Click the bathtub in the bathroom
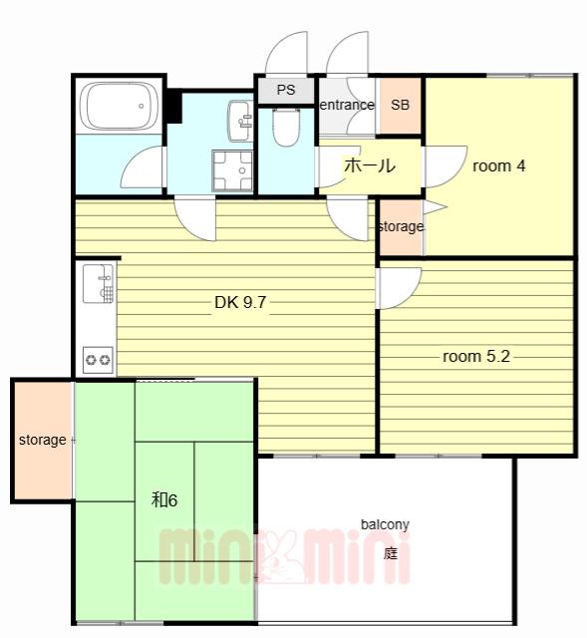coord(119,107)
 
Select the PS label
coord(286,90)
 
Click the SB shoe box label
coord(400,105)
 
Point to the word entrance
coord(347,105)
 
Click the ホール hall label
coord(370,165)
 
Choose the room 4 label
coord(498,166)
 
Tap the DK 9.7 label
coord(240,302)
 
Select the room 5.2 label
coord(476,357)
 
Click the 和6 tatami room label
coord(164,499)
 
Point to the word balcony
coord(385,524)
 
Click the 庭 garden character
coord(390,553)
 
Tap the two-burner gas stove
coord(98,360)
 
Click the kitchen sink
coord(98,283)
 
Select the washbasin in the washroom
coord(240,122)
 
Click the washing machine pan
coord(232,170)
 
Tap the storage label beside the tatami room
coord(42,440)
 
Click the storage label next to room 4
coord(401,226)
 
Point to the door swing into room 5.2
coord(400,288)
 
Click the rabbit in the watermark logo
coord(280,557)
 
